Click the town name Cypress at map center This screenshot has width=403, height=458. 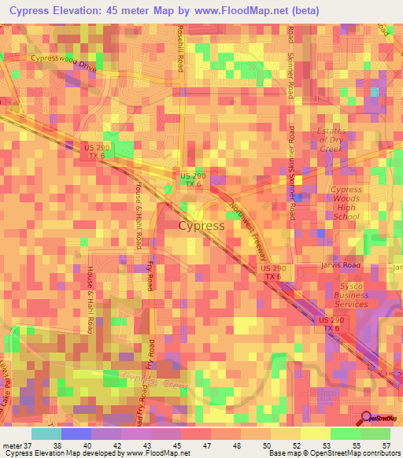pyautogui.click(x=201, y=225)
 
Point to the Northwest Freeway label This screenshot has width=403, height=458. pyautogui.click(x=249, y=232)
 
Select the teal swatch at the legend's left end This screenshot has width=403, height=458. pyautogui.click(x=46, y=434)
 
